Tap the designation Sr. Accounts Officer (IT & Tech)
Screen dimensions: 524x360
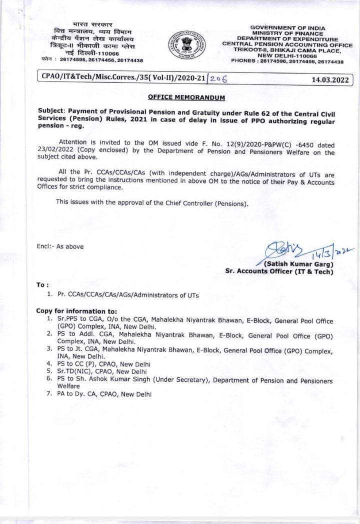278,271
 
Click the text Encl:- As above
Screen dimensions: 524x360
60,246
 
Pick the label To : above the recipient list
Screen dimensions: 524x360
42,284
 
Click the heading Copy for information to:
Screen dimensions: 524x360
76,311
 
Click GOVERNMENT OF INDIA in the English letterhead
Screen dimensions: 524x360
287,27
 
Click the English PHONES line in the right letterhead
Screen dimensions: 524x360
287,61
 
